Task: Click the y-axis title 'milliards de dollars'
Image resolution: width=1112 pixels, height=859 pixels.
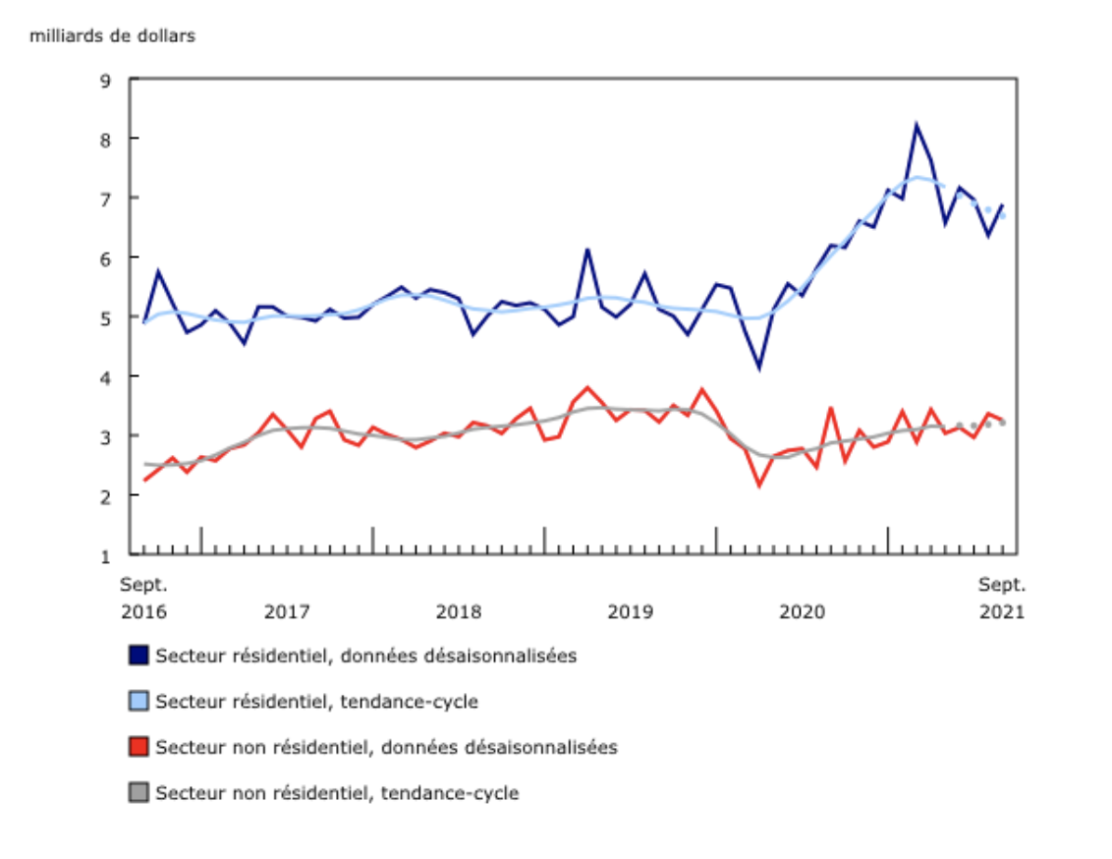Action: (x=113, y=36)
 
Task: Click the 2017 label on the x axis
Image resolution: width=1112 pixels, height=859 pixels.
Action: (x=287, y=611)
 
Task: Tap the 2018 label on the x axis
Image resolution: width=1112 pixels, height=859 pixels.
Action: (x=459, y=611)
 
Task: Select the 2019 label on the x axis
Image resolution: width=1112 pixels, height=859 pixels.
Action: (x=631, y=611)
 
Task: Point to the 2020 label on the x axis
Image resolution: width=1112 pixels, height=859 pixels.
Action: (x=802, y=611)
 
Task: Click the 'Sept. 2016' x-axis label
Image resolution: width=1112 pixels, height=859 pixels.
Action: (x=143, y=598)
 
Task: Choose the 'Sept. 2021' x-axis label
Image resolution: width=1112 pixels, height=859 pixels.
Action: (x=1002, y=598)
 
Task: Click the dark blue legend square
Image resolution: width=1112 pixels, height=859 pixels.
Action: (x=139, y=656)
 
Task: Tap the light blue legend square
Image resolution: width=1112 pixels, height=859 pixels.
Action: (x=139, y=701)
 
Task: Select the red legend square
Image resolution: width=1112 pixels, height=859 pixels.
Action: (x=139, y=747)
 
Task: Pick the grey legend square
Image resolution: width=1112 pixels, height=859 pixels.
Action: (x=139, y=792)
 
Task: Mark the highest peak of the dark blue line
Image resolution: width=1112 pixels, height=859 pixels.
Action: (x=917, y=125)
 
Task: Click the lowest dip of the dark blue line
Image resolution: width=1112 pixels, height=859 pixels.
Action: (x=758, y=368)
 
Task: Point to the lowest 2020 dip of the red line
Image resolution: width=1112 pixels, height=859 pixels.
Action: (x=758, y=485)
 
